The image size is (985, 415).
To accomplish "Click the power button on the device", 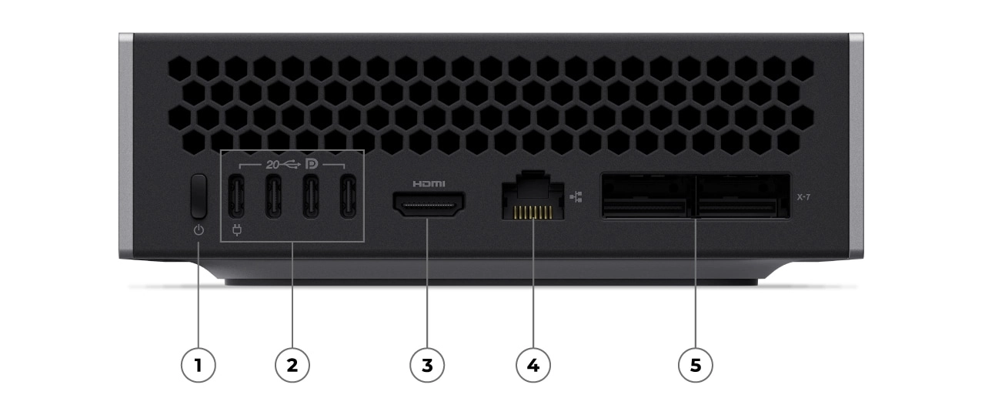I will (199, 196).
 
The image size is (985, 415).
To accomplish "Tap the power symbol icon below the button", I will (199, 230).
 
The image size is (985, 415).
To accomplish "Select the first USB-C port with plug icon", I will (236, 197).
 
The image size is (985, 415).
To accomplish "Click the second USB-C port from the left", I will (274, 197).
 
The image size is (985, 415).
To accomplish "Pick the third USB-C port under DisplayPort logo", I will (312, 197).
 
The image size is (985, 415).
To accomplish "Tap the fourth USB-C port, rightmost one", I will (349, 197).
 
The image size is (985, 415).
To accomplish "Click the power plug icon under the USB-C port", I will (236, 229).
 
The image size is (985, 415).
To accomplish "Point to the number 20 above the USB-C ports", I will (272, 164).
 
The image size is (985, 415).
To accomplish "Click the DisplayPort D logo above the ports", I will (312, 164).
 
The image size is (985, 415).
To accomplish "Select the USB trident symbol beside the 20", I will (291, 164).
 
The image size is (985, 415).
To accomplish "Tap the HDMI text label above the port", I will (429, 184).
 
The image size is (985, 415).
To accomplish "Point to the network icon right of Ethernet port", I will (576, 197).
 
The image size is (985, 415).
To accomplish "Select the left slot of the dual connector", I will (648, 196).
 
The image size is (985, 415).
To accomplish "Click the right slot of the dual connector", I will (743, 196).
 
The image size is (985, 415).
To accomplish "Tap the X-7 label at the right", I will (804, 197).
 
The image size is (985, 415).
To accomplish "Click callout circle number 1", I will (199, 365).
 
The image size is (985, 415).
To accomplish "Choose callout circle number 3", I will (428, 365).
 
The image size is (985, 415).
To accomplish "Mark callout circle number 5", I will (696, 365).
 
